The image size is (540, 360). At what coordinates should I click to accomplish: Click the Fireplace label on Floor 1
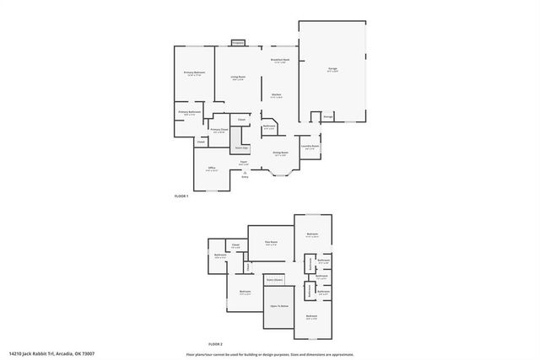coord(237,41)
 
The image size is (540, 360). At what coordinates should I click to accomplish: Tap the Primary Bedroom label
coord(195,73)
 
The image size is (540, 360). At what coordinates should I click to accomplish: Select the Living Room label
coord(238,77)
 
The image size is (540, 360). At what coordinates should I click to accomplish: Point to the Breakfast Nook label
coord(280,60)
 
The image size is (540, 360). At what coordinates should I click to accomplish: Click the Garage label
coord(332,70)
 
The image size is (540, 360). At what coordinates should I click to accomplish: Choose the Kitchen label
coord(276,94)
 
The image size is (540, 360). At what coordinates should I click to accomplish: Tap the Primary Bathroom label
coord(189,111)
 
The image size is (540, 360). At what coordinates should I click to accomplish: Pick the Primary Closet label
coord(219,130)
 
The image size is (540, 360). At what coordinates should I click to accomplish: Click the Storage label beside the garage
coord(327,116)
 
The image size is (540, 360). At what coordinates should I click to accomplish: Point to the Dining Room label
coord(281,153)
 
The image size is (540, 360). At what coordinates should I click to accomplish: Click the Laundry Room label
coord(310,147)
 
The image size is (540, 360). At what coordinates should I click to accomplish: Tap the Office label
coord(211,169)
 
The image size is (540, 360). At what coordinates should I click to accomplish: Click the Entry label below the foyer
coord(246,177)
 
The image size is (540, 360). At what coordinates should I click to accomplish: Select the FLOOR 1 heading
coord(181,196)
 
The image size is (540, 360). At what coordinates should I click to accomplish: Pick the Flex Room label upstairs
coord(271,243)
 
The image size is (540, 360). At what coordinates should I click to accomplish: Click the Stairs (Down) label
coord(273,278)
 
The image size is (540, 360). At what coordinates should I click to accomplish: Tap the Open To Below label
coord(278,306)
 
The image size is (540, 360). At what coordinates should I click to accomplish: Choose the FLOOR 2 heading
coord(215,343)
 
